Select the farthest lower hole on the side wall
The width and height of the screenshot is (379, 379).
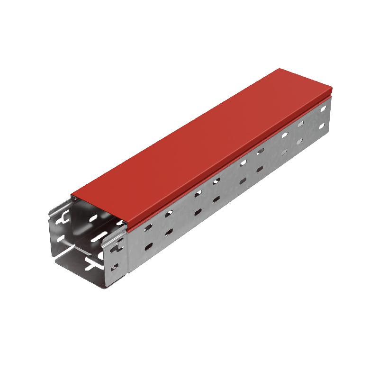(322, 126)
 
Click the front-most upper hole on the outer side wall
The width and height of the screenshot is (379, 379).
(149, 227)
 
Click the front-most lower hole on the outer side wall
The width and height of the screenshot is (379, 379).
(149, 246)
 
